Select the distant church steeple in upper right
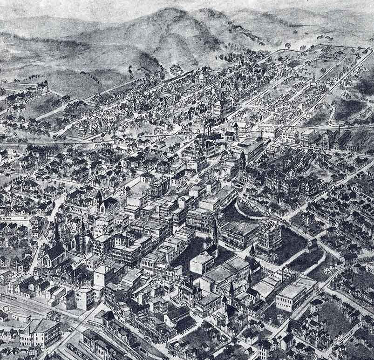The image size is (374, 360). pos(313,77)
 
